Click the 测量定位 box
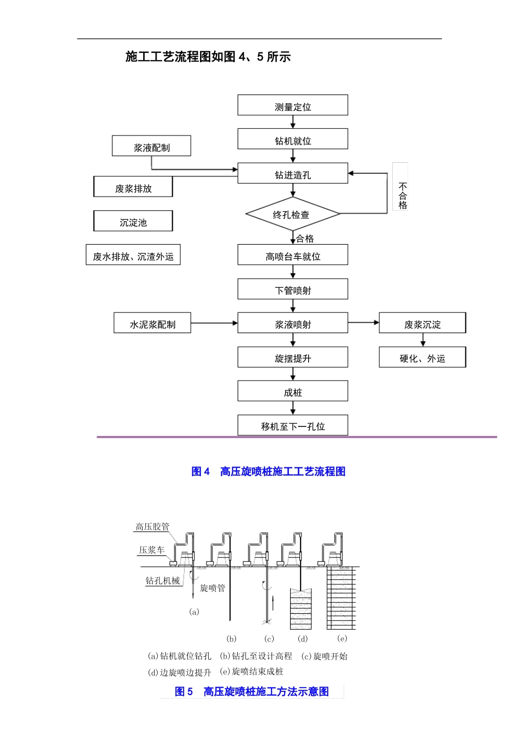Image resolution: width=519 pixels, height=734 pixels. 292,105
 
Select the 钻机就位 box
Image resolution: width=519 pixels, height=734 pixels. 292,139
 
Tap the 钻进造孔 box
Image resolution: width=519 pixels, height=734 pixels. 292,173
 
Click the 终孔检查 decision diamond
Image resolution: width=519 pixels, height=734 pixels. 292,214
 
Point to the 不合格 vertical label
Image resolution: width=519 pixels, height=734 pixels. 402,196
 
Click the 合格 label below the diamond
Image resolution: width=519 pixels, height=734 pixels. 305,239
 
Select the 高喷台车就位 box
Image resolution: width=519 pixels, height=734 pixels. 292,255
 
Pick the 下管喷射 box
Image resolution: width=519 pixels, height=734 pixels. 292,289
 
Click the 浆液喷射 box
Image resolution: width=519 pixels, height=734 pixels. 292,323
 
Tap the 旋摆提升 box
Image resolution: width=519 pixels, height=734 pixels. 292,357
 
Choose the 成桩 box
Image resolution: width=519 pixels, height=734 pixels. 292,391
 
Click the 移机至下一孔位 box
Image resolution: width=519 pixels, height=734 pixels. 292,425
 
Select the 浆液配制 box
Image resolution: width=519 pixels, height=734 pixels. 151,146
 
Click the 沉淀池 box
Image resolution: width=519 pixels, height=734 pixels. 133,221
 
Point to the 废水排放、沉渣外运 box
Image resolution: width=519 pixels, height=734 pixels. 133,255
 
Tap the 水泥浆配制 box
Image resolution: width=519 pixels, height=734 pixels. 152,323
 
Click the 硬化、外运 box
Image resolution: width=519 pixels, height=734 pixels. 422,357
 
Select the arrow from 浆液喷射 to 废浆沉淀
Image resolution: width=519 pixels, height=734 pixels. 363,323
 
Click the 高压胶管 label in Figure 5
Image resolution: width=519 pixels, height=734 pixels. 152,526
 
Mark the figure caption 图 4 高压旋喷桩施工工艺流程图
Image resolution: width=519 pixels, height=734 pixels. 268,471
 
